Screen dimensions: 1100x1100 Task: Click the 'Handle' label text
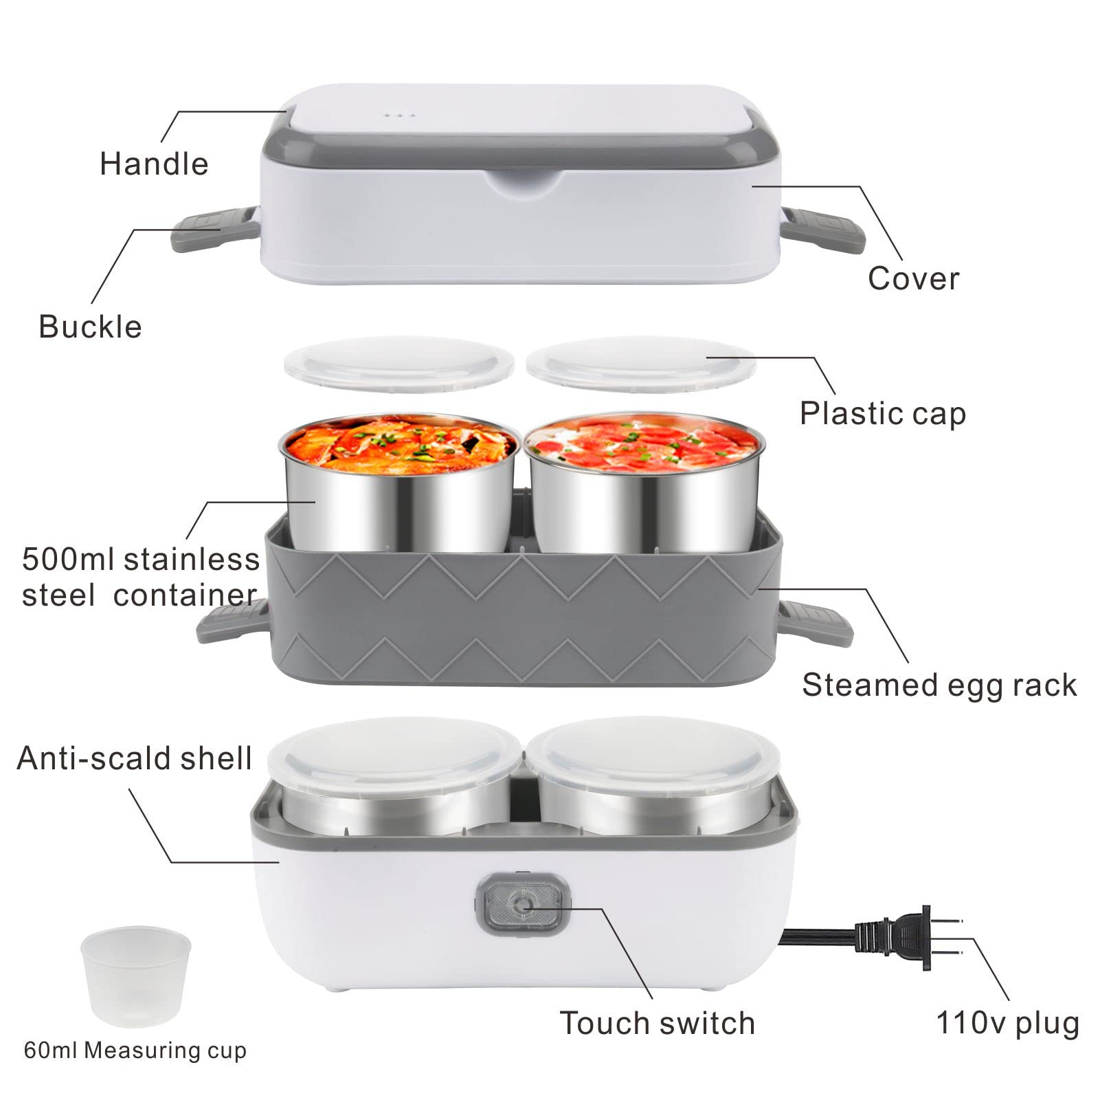[154, 164]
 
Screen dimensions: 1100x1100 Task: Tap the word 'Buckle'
[91, 327]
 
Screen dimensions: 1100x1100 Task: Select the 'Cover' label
[913, 278]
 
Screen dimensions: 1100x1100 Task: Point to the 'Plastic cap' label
[883, 414]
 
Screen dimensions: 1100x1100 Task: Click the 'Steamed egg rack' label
[939, 685]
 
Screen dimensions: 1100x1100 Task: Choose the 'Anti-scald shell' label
[135, 758]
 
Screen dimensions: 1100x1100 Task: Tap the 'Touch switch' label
[658, 1023]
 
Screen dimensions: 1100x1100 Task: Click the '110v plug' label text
[1008, 1024]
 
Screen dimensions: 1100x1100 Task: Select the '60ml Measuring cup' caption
[135, 1050]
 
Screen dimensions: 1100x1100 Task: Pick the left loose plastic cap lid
[399, 364]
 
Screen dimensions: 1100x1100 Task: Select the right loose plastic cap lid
[641, 364]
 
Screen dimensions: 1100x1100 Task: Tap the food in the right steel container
[644, 446]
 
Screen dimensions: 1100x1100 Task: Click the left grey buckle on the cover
[215, 228]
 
